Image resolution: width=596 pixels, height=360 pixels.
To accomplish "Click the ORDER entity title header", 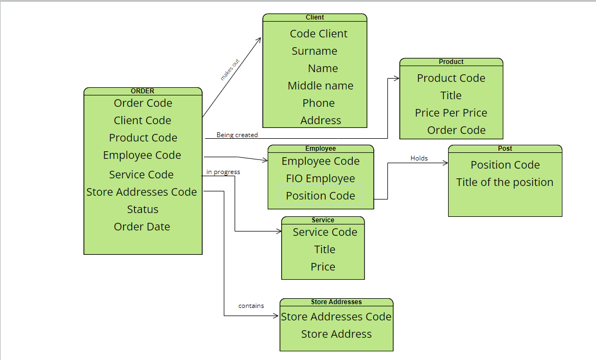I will pyautogui.click(x=142, y=91).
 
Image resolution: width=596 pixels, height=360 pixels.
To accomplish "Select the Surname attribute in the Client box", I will pyautogui.click(x=314, y=51).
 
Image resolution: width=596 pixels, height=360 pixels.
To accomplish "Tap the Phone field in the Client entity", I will pyautogui.click(x=319, y=103).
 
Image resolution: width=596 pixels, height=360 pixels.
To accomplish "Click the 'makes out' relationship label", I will pyautogui.click(x=230, y=70).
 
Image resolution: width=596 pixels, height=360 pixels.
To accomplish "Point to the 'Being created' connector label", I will pyautogui.click(x=237, y=134).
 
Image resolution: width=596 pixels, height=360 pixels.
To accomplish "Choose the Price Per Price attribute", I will pyautogui.click(x=451, y=113).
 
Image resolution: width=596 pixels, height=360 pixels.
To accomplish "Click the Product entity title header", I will pyautogui.click(x=451, y=62).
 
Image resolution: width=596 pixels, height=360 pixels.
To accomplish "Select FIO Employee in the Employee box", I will pyautogui.click(x=320, y=178).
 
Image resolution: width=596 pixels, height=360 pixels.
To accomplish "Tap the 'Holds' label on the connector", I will pyautogui.click(x=419, y=158).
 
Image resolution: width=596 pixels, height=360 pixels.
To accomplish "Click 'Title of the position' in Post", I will pyautogui.click(x=504, y=182).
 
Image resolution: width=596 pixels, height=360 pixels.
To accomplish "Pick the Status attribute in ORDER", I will pyautogui.click(x=142, y=209).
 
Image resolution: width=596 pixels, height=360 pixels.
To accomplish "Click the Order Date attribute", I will pyautogui.click(x=142, y=227).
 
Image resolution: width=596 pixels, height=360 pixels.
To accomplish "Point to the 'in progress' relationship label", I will pyautogui.click(x=223, y=172).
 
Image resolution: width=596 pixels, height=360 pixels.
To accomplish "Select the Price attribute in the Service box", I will pyautogui.click(x=323, y=267).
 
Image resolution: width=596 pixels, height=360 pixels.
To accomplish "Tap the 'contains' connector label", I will pyautogui.click(x=251, y=306).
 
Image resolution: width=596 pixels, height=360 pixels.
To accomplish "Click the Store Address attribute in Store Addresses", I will pyautogui.click(x=336, y=334).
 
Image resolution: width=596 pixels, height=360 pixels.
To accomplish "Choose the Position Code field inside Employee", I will pyautogui.click(x=320, y=196).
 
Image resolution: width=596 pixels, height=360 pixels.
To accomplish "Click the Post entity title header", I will pyautogui.click(x=504, y=149).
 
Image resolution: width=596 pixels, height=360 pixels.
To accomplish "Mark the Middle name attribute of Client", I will pyautogui.click(x=320, y=86).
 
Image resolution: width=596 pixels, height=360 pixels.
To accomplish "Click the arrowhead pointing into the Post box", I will pyautogui.click(x=445, y=163).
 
